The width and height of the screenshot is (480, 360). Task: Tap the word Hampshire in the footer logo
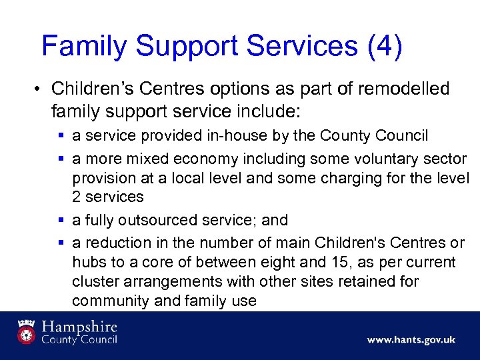point(79,327)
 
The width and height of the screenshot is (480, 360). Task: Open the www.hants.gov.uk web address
point(411,340)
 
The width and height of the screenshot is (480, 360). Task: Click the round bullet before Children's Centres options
point(39,89)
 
